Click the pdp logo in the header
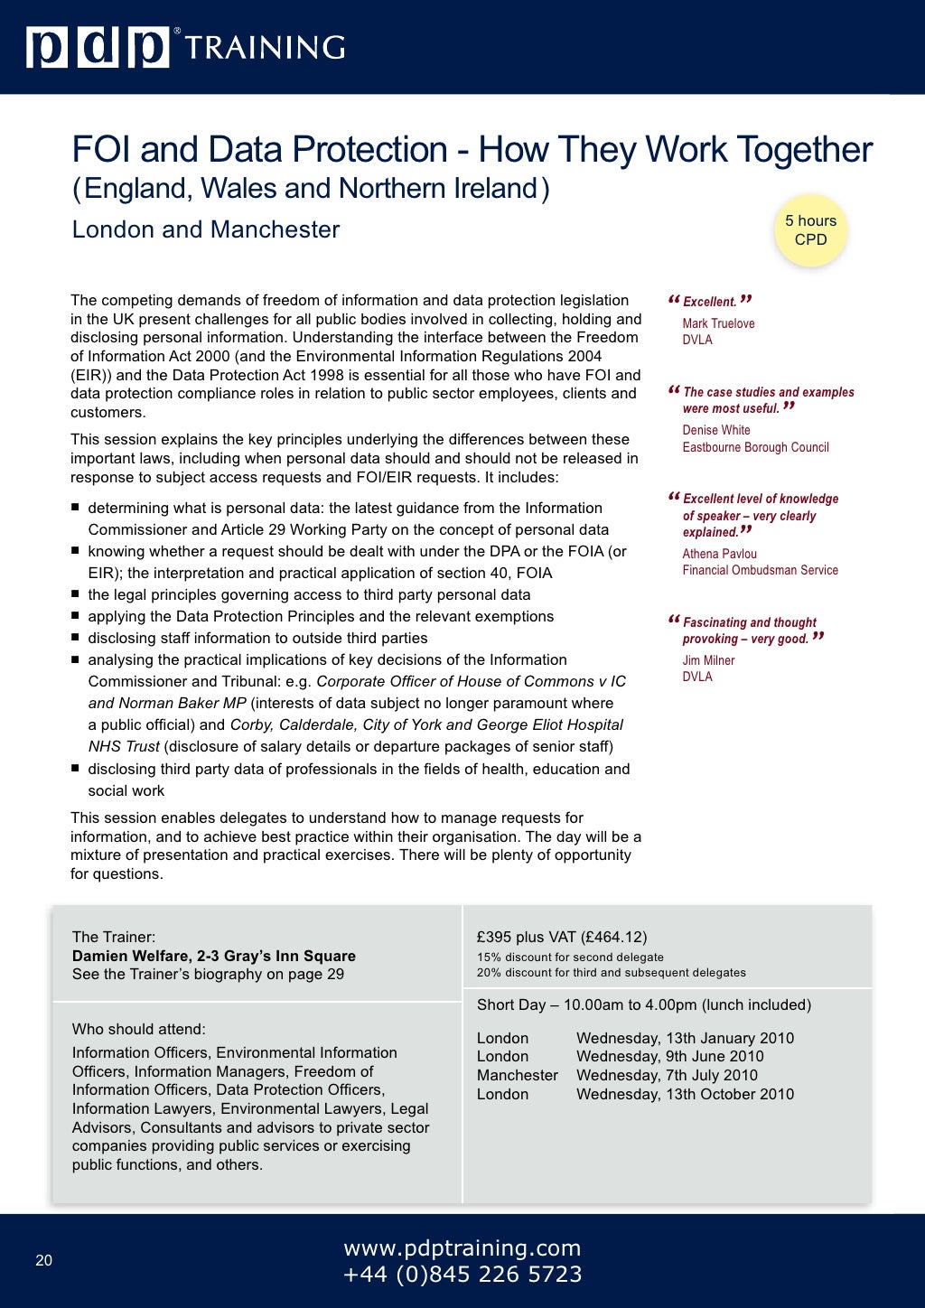(98, 47)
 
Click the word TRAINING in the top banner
(265, 48)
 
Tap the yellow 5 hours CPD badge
(810, 230)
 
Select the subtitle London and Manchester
(206, 229)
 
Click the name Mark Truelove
(718, 323)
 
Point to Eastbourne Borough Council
(755, 447)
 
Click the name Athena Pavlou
(719, 554)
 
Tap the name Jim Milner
(708, 660)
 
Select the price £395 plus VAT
(561, 937)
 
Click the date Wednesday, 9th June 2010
(669, 1056)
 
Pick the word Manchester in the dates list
(517, 1075)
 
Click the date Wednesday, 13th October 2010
(685, 1094)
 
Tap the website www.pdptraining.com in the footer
(462, 1248)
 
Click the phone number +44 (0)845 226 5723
(462, 1275)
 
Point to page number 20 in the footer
(44, 1261)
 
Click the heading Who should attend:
(138, 1029)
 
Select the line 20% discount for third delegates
(611, 973)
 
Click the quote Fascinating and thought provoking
(748, 631)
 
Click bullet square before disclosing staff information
(76, 638)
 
